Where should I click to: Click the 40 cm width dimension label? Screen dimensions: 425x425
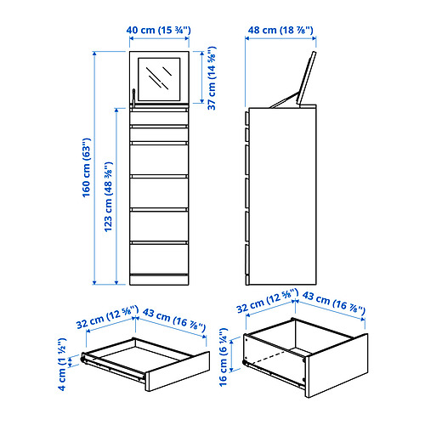(x=158, y=30)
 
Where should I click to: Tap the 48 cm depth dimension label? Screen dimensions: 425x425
(x=280, y=30)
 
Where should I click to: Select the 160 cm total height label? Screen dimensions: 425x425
(x=87, y=167)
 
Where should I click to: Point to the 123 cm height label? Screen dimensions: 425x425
(x=108, y=197)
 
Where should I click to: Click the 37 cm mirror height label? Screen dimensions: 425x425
(x=212, y=78)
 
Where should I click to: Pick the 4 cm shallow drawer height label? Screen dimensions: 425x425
(x=62, y=365)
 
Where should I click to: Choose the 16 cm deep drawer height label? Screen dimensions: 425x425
(x=224, y=357)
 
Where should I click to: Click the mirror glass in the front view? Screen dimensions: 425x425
(x=159, y=79)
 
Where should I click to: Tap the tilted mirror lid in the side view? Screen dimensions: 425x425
(x=306, y=78)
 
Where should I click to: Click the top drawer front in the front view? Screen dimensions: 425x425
(x=159, y=118)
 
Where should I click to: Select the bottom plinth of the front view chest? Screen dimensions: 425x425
(x=159, y=280)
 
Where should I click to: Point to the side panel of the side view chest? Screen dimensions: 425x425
(x=282, y=196)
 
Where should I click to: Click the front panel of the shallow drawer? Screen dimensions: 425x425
(x=178, y=371)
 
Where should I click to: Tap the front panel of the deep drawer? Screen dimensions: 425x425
(x=337, y=365)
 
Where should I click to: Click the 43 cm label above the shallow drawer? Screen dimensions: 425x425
(x=173, y=320)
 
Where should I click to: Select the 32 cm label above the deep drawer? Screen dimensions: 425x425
(x=267, y=301)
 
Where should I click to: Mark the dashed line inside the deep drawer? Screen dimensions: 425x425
(x=269, y=357)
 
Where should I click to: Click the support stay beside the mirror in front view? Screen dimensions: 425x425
(x=133, y=98)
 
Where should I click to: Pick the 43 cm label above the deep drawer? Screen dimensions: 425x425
(x=334, y=303)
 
